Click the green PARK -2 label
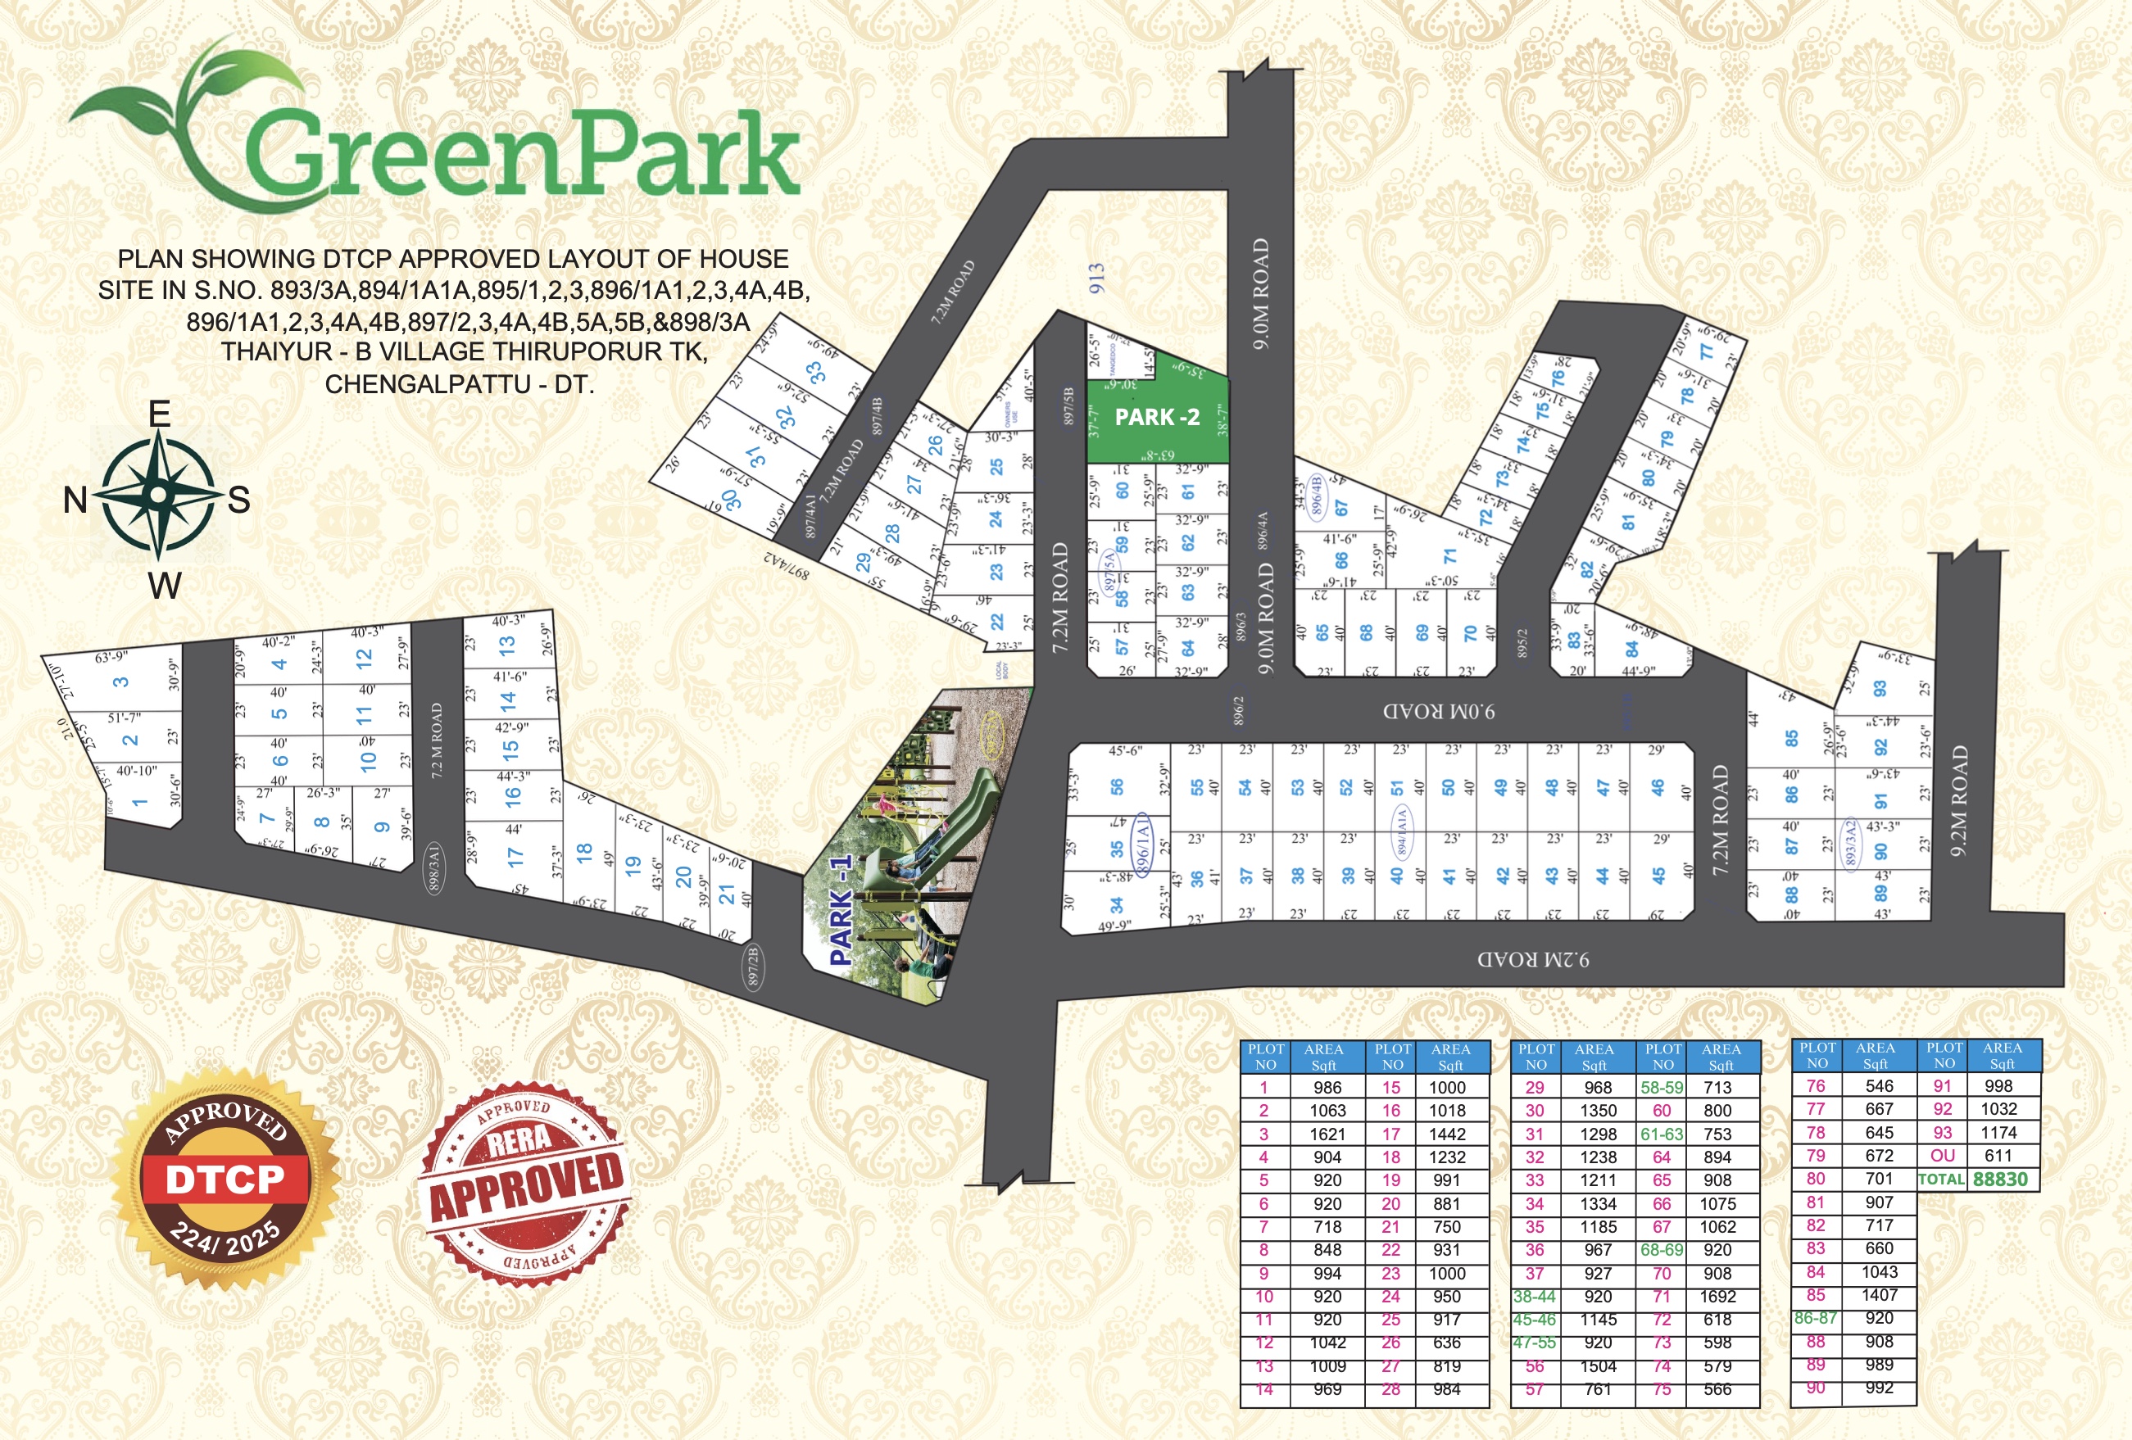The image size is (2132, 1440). point(1157,417)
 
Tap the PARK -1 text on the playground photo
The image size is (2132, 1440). point(841,910)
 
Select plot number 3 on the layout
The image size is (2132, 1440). point(121,682)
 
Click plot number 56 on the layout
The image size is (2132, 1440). point(1117,787)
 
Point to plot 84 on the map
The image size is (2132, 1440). point(1632,650)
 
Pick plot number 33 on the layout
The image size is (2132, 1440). point(814,373)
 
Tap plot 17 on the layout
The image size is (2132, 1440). point(515,857)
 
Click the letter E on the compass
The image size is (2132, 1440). point(160,414)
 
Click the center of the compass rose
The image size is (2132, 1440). point(159,496)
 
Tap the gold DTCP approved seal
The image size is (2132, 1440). point(225,1179)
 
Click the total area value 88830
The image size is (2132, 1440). point(2000,1179)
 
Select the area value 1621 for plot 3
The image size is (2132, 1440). point(1327,1134)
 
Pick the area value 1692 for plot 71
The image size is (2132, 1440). point(1717,1296)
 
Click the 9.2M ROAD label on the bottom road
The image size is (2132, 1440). point(1533,959)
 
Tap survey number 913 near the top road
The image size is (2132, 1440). point(1096,278)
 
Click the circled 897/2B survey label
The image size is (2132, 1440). point(753,967)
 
